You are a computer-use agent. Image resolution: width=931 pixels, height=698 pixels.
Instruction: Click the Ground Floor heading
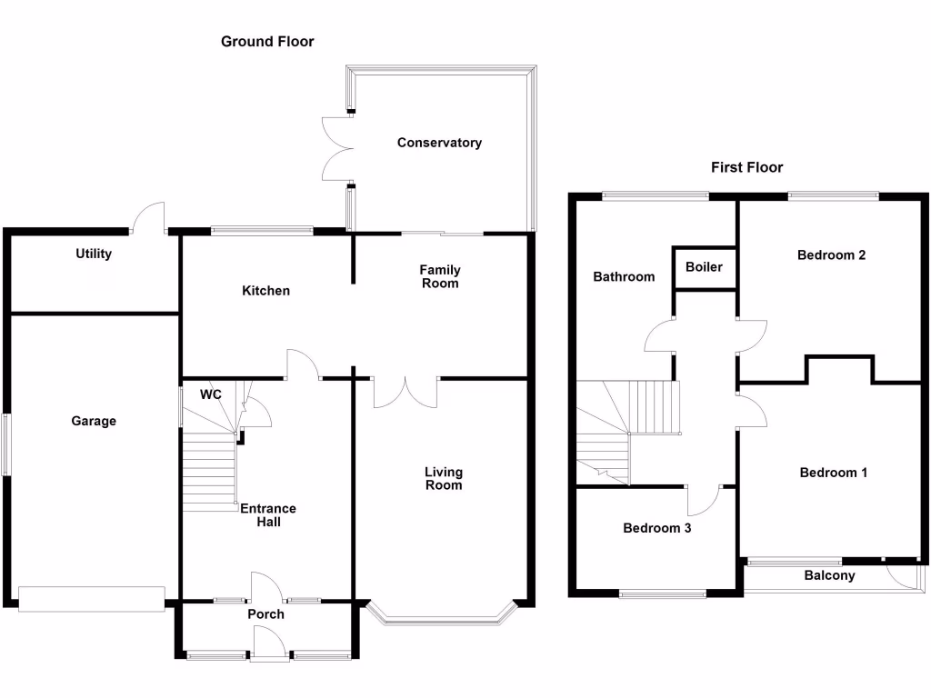(267, 42)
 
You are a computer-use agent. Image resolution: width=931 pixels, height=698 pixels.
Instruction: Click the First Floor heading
(746, 167)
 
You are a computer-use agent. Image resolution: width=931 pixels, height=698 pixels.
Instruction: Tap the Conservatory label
(439, 143)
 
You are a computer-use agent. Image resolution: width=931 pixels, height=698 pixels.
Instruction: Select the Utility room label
(94, 254)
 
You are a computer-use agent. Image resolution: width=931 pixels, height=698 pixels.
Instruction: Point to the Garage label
(95, 421)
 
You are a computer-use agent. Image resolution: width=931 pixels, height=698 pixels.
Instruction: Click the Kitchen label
(265, 291)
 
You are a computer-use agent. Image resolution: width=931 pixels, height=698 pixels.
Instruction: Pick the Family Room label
(440, 276)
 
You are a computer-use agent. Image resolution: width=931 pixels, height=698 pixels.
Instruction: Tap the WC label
(210, 395)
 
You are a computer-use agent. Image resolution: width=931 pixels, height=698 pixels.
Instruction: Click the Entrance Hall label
(268, 515)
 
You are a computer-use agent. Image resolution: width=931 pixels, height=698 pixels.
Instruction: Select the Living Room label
(444, 478)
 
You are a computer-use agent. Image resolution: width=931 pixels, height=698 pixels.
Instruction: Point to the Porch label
(265, 614)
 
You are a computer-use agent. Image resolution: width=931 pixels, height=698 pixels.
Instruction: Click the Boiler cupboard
(704, 268)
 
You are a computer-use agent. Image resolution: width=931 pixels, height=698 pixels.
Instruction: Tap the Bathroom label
(624, 276)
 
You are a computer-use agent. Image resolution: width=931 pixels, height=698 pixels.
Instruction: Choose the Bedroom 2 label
(831, 255)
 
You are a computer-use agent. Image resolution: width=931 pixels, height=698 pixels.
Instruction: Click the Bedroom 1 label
(833, 473)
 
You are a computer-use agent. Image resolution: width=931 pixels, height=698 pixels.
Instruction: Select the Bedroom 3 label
(656, 528)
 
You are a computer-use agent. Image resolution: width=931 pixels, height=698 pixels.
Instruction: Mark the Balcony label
(829, 575)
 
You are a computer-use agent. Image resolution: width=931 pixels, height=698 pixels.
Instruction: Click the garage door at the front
(91, 599)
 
